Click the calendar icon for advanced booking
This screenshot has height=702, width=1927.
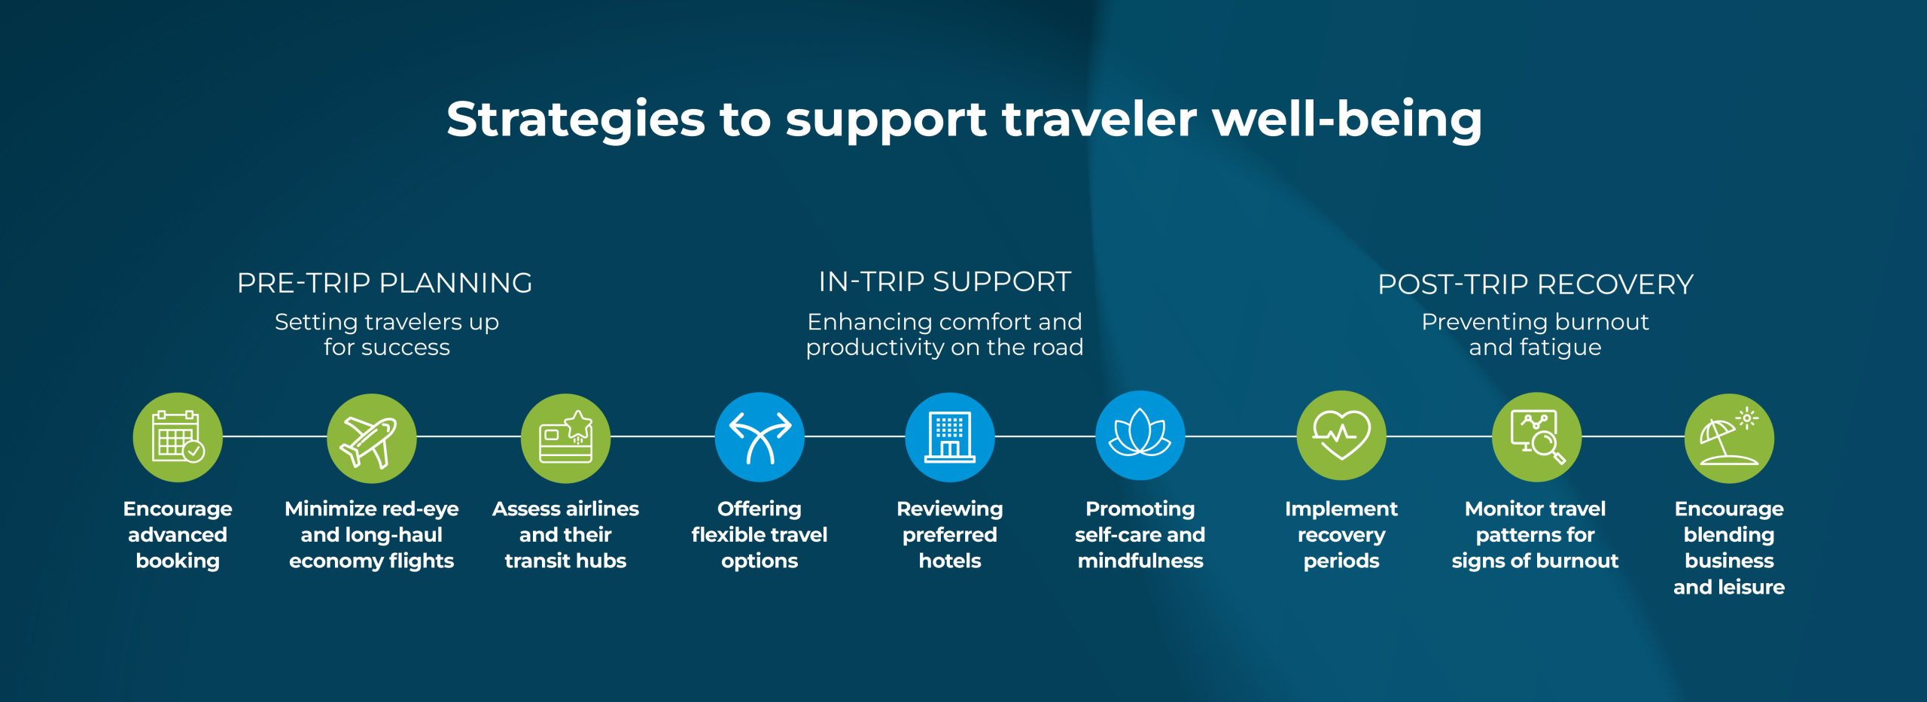(178, 436)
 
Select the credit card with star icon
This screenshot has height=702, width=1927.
(565, 438)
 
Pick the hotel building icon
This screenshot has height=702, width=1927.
(950, 436)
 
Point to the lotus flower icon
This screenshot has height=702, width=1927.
(1140, 435)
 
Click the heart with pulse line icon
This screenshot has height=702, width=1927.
(1341, 435)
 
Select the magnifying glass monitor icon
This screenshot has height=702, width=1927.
(1536, 436)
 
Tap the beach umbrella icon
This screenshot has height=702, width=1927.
(1729, 438)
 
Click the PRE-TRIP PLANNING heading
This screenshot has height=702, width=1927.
(385, 283)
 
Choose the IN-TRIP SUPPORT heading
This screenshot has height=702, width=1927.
(945, 281)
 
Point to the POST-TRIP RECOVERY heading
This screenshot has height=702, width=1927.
(1536, 284)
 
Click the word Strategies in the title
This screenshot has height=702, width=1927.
(576, 120)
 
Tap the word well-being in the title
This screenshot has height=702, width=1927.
(1347, 120)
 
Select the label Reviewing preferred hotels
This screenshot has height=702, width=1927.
(950, 534)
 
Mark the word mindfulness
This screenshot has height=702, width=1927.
(1140, 561)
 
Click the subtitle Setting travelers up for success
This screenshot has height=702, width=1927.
(387, 334)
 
